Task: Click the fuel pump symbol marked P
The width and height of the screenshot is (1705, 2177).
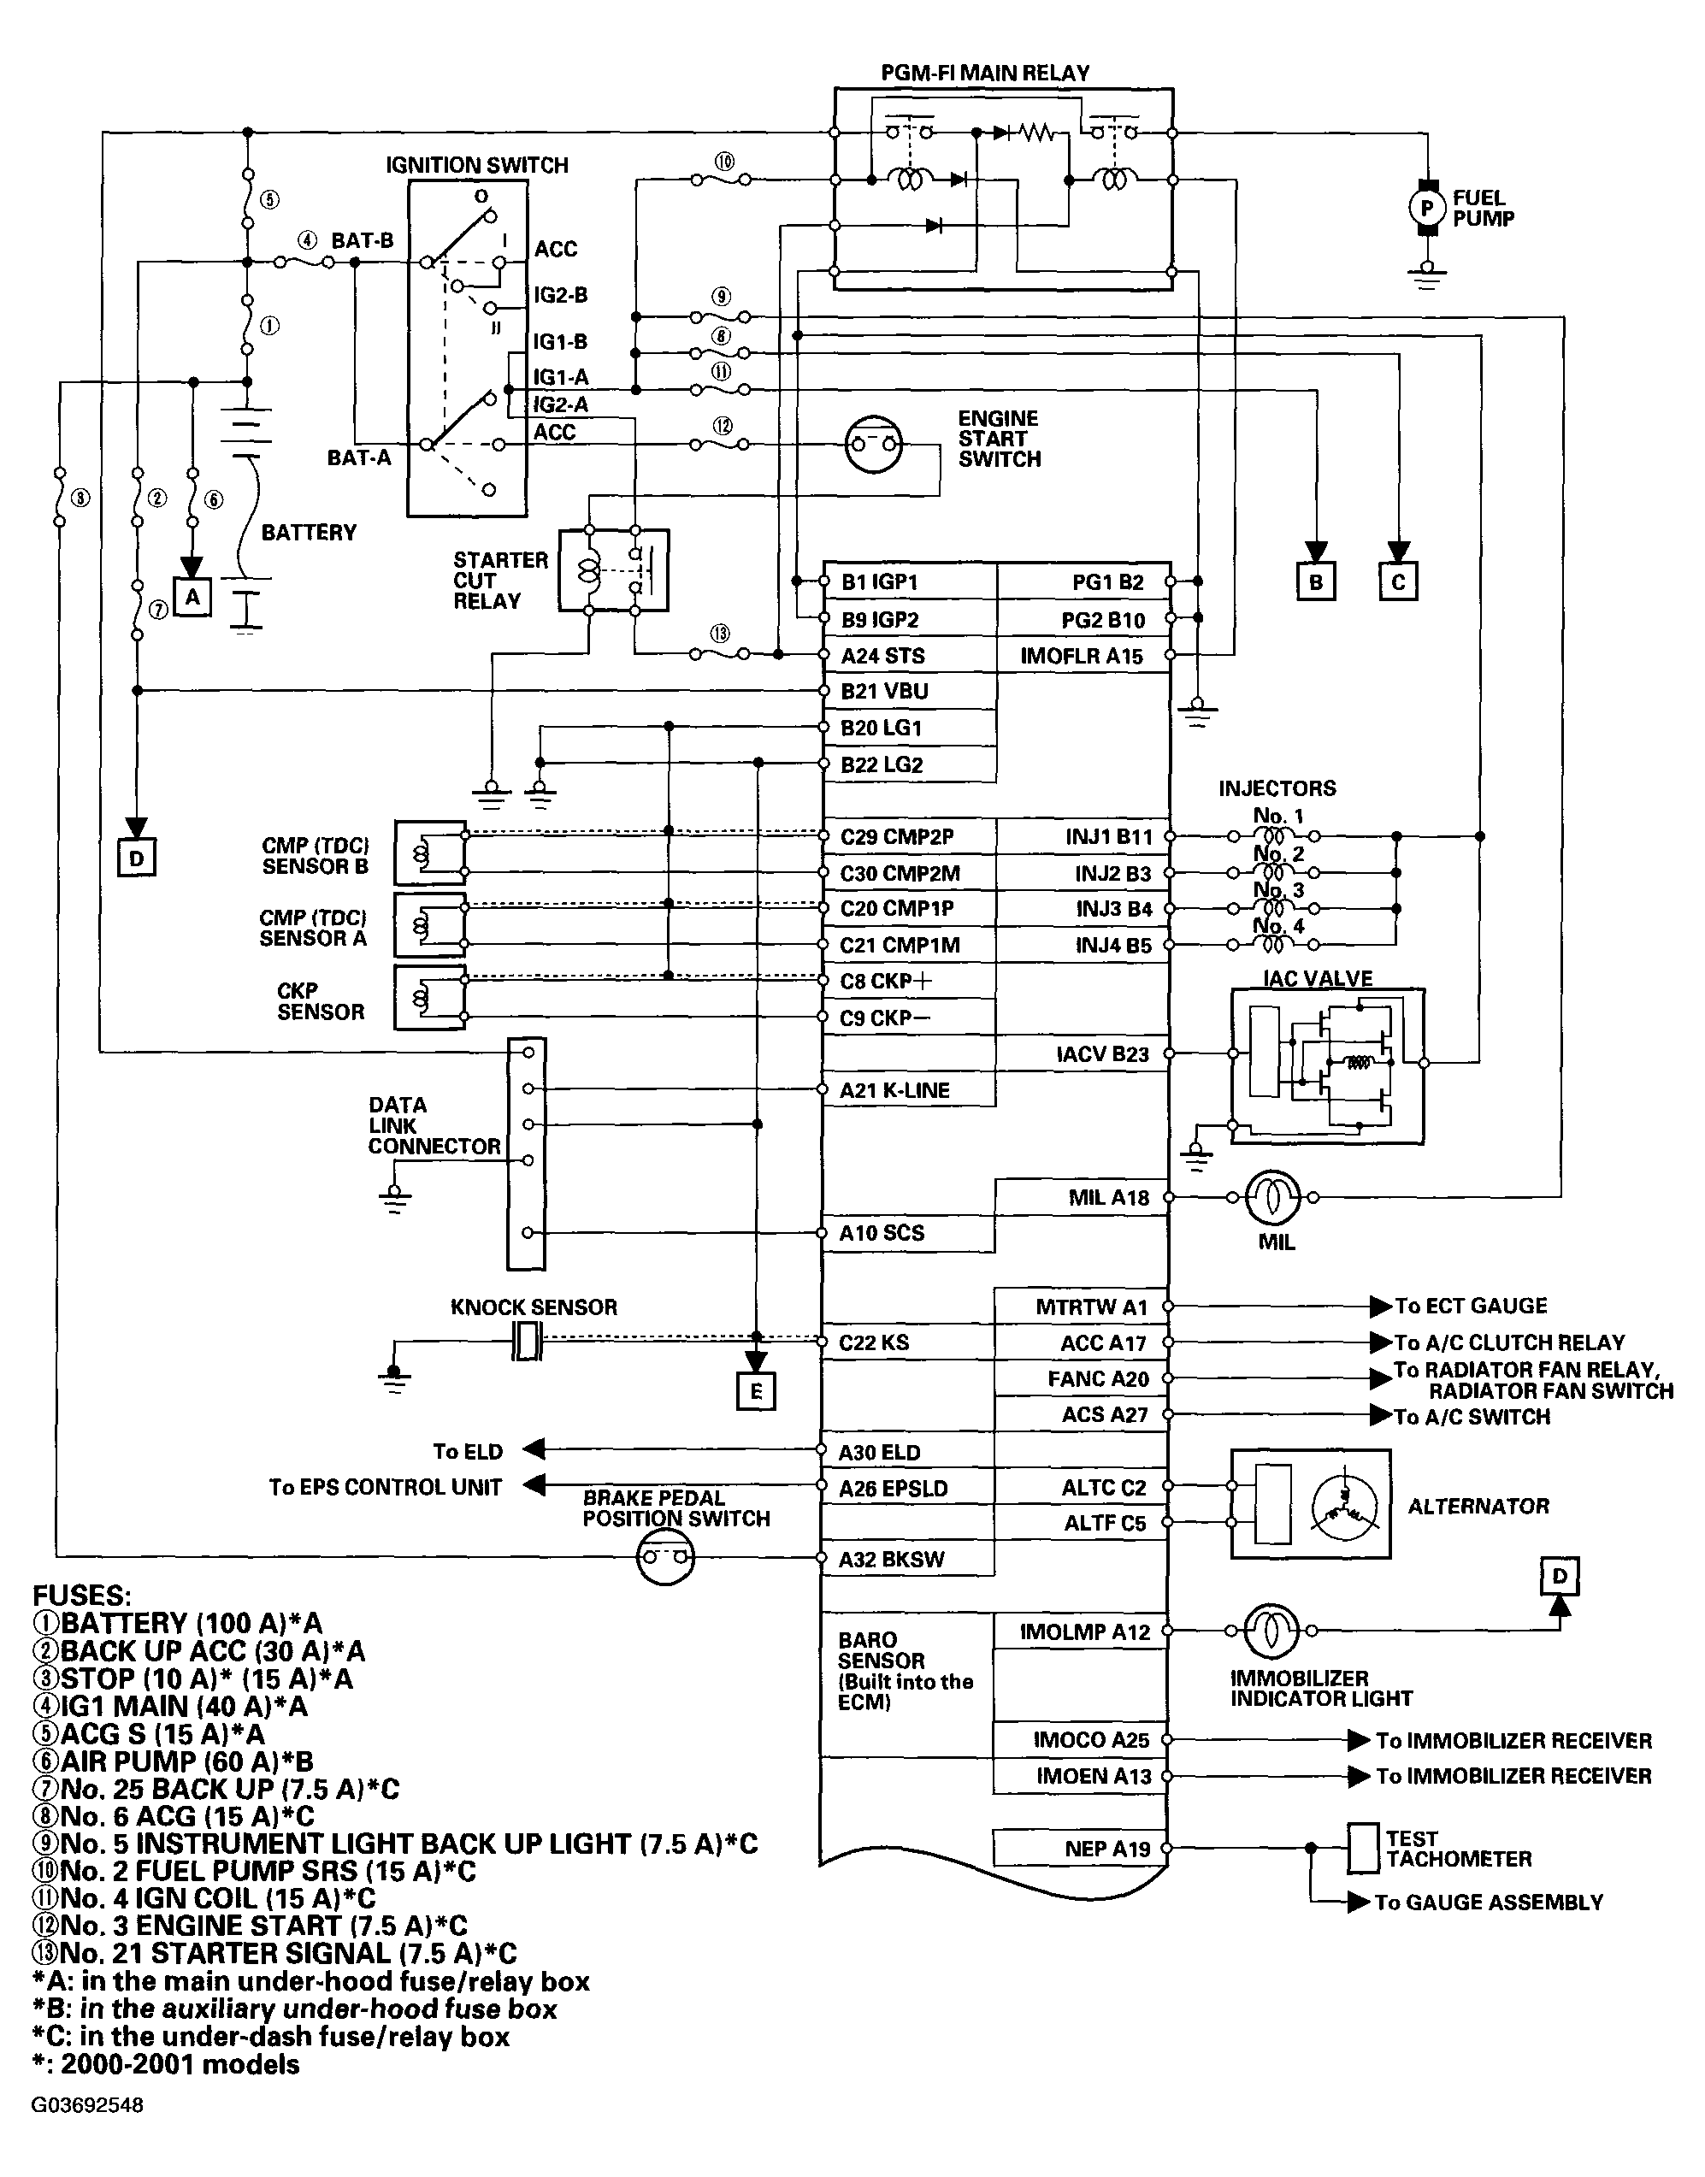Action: click(x=1427, y=208)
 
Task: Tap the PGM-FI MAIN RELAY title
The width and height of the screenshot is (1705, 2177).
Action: click(x=984, y=73)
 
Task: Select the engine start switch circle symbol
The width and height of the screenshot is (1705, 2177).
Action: click(x=874, y=444)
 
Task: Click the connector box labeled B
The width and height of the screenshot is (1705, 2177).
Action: click(x=1316, y=582)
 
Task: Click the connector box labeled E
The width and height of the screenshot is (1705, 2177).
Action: click(x=756, y=1391)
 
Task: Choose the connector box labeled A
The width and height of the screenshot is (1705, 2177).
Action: click(x=192, y=597)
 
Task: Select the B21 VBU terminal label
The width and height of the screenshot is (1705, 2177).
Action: click(x=884, y=691)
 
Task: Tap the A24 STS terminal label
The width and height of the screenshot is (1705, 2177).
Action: click(x=882, y=656)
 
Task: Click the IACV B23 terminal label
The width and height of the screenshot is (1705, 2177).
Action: click(x=1102, y=1054)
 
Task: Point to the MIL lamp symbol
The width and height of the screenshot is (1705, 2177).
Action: click(x=1272, y=1197)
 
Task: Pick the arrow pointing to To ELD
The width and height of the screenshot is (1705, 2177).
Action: click(x=534, y=1449)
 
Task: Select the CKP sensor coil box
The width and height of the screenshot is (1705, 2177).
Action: click(x=429, y=997)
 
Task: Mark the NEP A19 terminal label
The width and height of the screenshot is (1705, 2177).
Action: click(x=1107, y=1849)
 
